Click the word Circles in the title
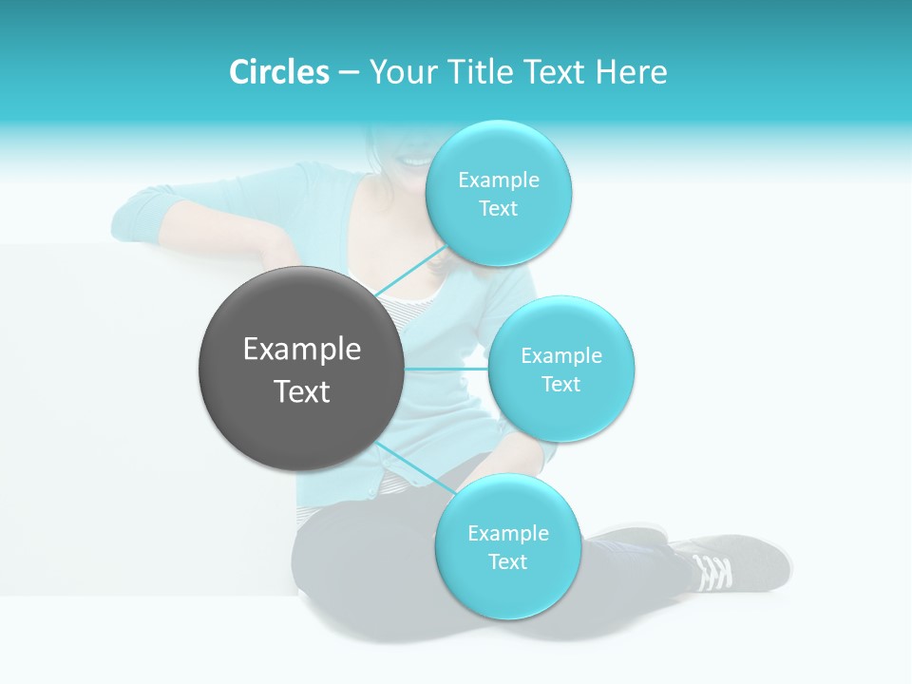click(278, 72)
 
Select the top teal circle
click(498, 237)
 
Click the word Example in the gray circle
click(301, 350)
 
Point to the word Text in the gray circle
click(301, 391)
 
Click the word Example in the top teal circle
click(498, 180)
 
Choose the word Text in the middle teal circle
click(560, 384)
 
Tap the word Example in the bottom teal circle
click(507, 533)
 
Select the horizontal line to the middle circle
click(446, 368)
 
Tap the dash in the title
click(349, 73)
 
